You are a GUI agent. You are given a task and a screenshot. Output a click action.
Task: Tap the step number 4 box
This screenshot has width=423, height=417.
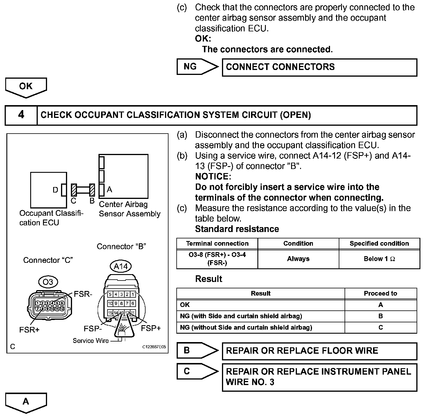point(21,115)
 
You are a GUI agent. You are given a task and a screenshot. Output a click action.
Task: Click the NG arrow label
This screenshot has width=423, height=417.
point(195,67)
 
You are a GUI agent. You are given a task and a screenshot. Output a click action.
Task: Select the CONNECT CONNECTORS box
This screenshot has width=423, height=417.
point(319,67)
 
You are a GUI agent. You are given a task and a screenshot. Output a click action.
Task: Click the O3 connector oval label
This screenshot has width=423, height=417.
point(48,282)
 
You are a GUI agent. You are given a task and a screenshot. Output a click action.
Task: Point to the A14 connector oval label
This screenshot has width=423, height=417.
point(121,266)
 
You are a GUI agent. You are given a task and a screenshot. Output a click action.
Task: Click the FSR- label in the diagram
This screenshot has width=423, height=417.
point(83,294)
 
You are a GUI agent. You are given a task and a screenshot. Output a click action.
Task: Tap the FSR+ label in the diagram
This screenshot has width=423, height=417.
point(29,330)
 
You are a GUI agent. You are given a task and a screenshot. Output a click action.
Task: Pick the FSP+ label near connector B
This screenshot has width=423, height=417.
point(151,328)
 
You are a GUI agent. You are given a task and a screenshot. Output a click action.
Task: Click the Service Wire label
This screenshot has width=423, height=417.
point(91,341)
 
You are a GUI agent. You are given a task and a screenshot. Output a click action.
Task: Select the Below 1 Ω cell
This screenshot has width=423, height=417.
point(379,259)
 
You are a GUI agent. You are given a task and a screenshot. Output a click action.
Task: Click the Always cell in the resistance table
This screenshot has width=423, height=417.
point(298,259)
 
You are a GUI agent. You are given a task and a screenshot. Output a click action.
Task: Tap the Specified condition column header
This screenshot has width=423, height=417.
point(379,244)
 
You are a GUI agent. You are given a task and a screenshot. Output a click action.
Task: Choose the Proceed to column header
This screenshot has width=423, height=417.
point(380,294)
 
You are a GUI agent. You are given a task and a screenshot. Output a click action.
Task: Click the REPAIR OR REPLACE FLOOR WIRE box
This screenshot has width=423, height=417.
point(319,351)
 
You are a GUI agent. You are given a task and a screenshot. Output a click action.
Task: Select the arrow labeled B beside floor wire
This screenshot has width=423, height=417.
point(195,351)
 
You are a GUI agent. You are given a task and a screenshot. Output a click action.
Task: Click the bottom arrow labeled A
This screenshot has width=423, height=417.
point(26,402)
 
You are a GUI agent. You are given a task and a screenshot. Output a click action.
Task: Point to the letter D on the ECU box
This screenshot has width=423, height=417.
point(55,190)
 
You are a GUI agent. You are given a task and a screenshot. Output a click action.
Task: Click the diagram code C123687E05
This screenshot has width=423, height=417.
point(154,347)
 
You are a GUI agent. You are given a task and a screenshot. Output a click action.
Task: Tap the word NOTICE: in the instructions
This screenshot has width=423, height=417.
point(213,177)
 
